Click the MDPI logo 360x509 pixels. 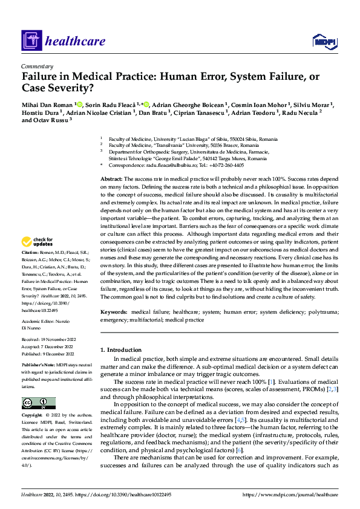[324, 40]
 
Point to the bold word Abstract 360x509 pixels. [111, 180]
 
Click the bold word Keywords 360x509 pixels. [114, 312]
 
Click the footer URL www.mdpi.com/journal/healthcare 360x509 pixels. [290, 495]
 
